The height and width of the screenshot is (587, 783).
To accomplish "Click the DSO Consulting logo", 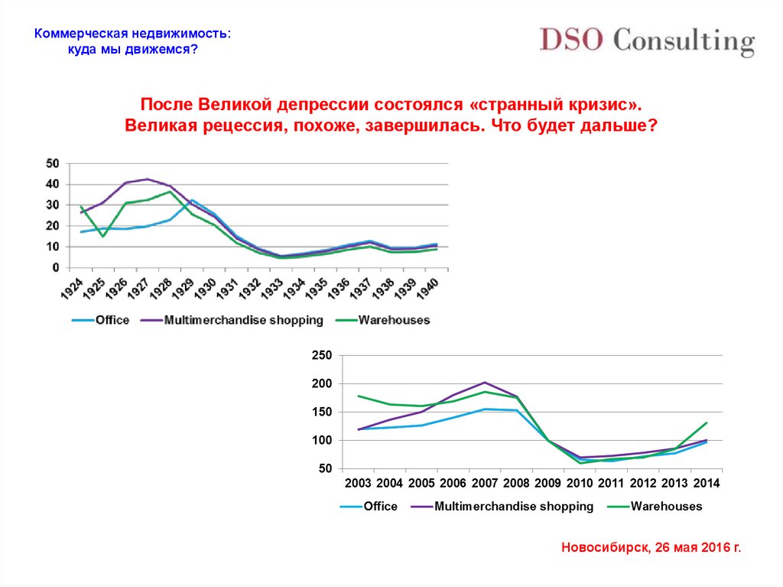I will tap(647, 40).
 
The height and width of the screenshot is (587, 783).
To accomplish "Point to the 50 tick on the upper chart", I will tap(53, 163).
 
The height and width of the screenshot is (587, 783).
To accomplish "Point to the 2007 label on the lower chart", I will tap(484, 483).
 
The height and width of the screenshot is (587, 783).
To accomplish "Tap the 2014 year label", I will tap(706, 483).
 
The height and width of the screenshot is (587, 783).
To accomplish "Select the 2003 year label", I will tap(358, 483).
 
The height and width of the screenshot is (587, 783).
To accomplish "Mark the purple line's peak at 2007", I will tap(485, 383).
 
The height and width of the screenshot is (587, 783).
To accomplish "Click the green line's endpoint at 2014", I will tap(706, 422).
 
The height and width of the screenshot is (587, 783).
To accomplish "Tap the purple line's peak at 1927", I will tap(147, 179).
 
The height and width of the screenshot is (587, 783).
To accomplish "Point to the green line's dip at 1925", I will tap(102, 236).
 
